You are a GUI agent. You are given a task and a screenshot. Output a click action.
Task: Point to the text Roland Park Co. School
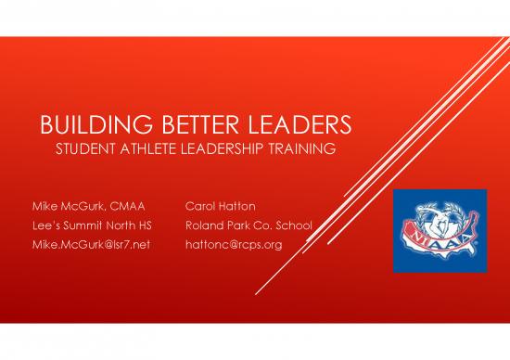[x=249, y=226]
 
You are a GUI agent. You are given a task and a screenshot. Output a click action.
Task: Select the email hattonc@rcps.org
[x=234, y=245]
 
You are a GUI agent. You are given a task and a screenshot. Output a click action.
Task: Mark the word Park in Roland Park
[x=237, y=226]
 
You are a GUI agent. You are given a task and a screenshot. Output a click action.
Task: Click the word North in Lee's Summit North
[x=130, y=226]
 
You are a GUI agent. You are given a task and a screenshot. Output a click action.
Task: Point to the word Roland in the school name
[x=204, y=226]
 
